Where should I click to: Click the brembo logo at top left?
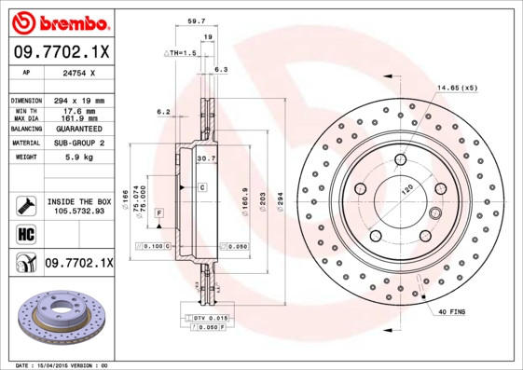click(x=58, y=21)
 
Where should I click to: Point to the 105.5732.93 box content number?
click(x=78, y=211)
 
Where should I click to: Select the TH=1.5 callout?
click(x=181, y=54)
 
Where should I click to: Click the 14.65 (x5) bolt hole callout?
click(x=457, y=88)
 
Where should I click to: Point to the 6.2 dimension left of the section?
click(x=163, y=112)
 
